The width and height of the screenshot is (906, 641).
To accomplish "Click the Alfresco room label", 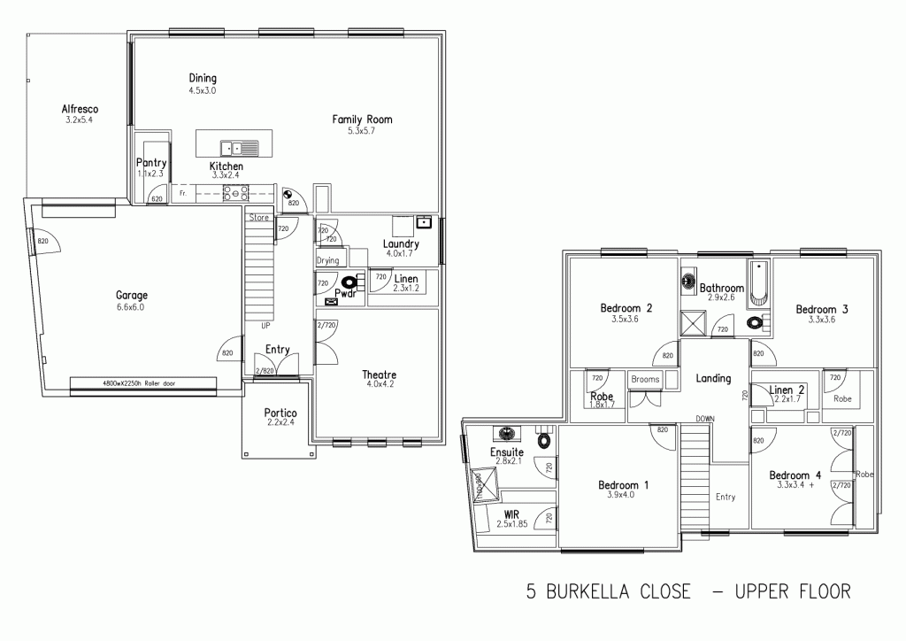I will (80, 109).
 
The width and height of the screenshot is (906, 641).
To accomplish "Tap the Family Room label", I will (362, 119).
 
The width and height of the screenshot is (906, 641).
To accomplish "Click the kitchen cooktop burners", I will (238, 192).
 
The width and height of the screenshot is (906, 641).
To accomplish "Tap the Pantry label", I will (151, 163).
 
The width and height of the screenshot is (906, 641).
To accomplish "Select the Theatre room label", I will (380, 374).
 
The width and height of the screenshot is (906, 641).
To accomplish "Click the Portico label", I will (280, 413).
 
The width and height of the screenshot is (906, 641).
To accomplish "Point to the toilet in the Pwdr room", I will (350, 282).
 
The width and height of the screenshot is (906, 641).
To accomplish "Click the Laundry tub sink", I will (424, 222).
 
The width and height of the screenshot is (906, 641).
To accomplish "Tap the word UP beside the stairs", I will (265, 325).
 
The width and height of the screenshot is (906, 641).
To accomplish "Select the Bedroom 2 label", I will (626, 308).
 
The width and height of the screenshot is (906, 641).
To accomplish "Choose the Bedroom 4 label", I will (795, 475).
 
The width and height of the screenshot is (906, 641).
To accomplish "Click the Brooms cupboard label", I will (645, 379).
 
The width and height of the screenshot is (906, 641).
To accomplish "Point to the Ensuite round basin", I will (508, 435).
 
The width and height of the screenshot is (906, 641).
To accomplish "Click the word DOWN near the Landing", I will (705, 418).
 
